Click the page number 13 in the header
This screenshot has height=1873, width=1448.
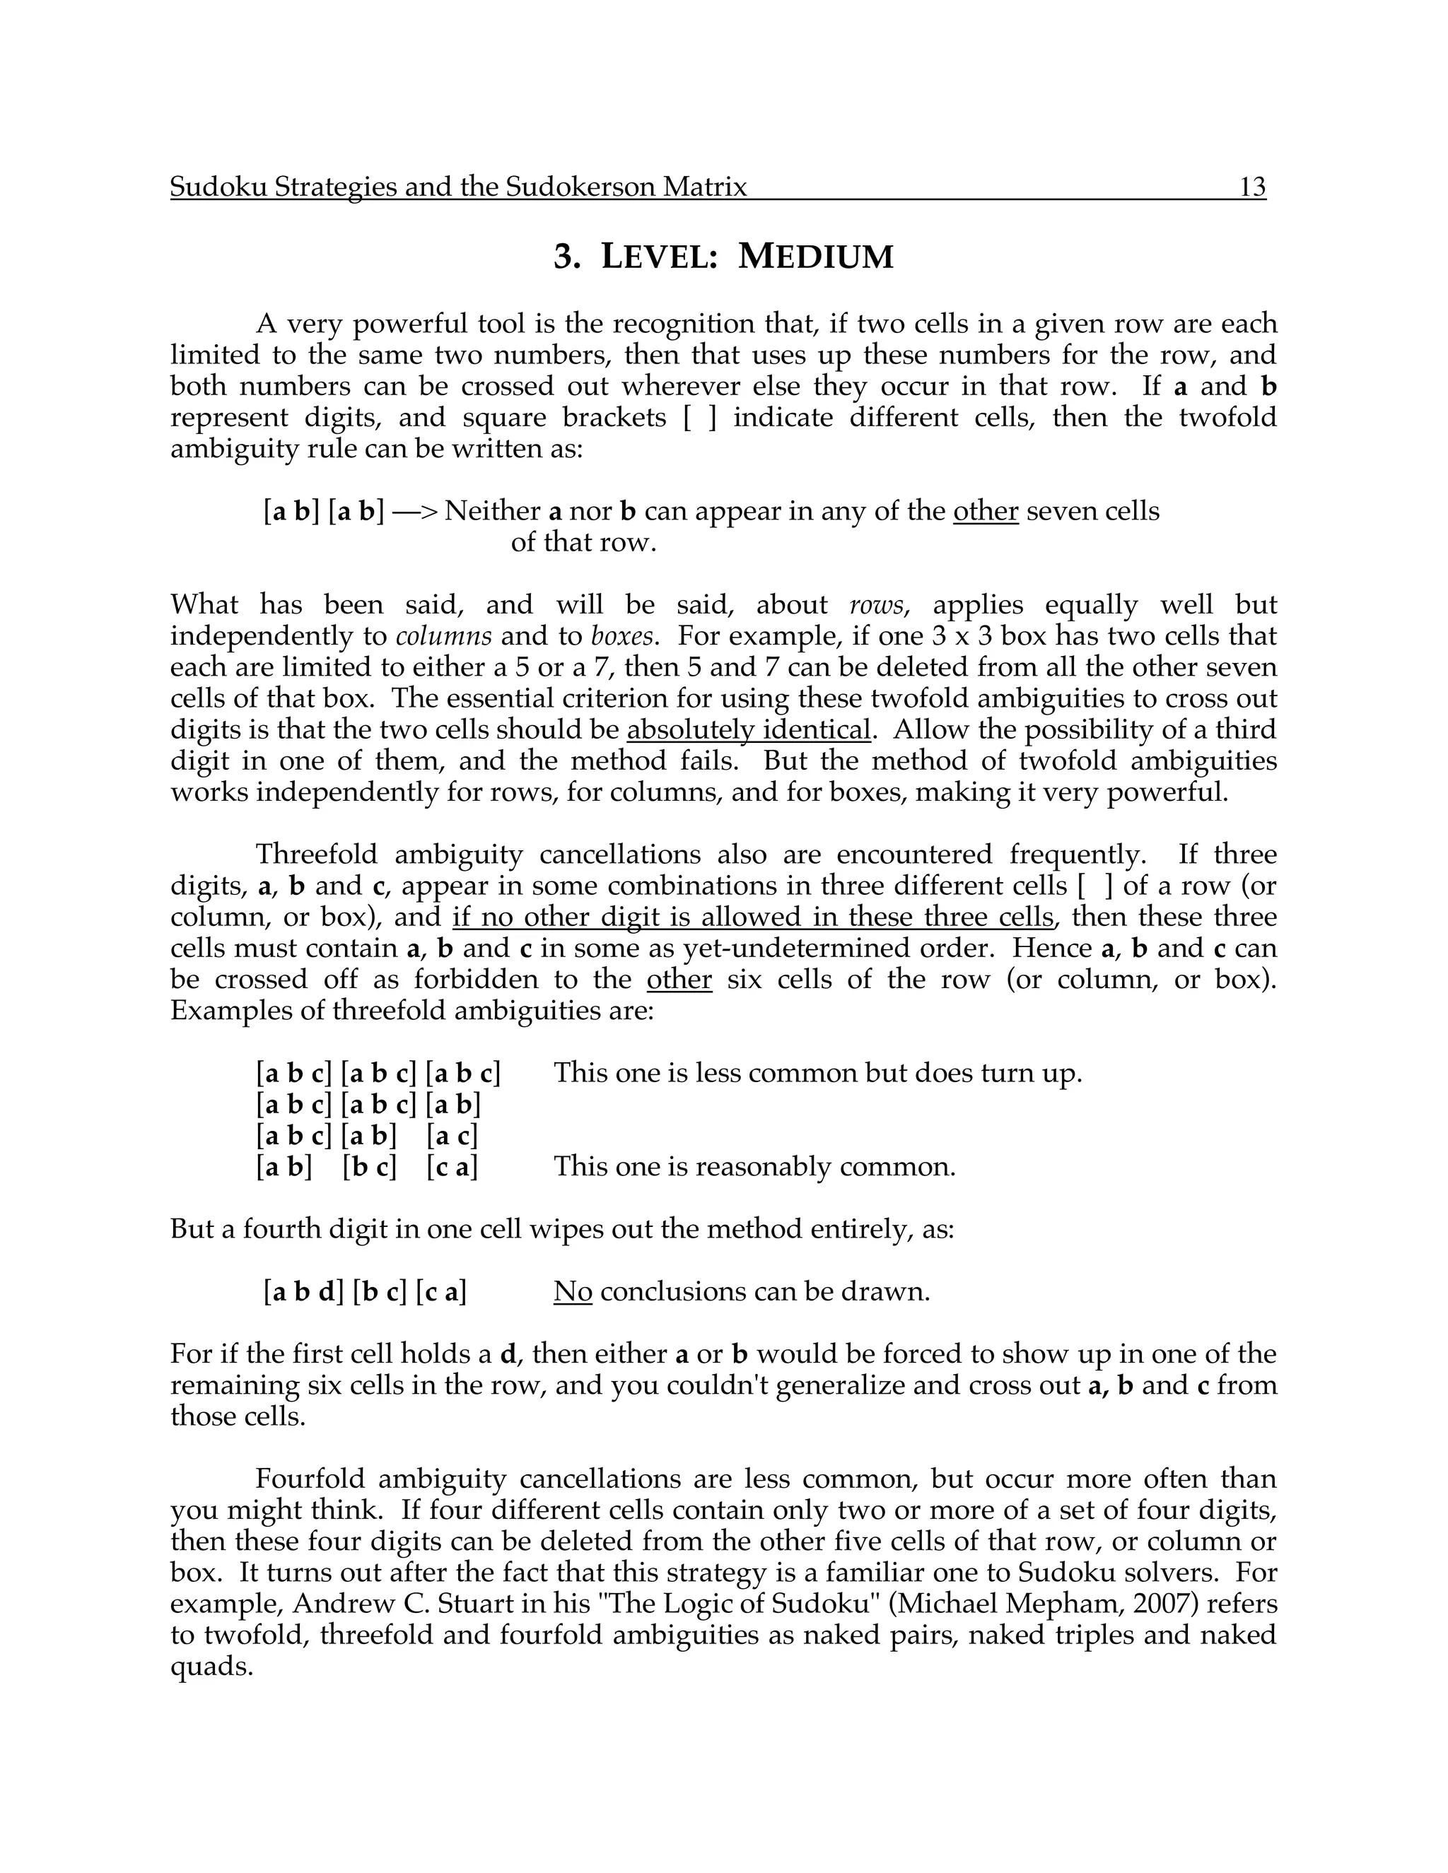tap(1252, 187)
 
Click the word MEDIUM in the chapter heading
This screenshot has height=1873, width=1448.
tap(816, 257)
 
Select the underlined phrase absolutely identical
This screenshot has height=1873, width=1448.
tap(749, 730)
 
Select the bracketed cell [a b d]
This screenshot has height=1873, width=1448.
tap(303, 1291)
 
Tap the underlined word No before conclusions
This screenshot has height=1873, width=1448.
tap(573, 1291)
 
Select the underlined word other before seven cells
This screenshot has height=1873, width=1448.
tap(986, 511)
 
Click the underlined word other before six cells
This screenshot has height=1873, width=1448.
tap(679, 980)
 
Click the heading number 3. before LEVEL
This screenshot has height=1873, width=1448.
tap(567, 257)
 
